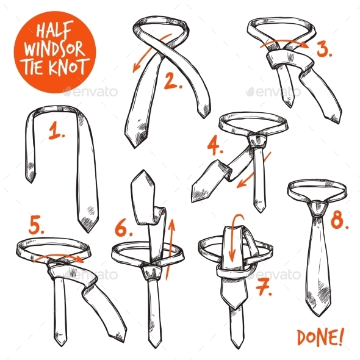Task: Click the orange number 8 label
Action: (338, 220)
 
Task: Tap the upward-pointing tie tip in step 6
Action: (142, 178)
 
